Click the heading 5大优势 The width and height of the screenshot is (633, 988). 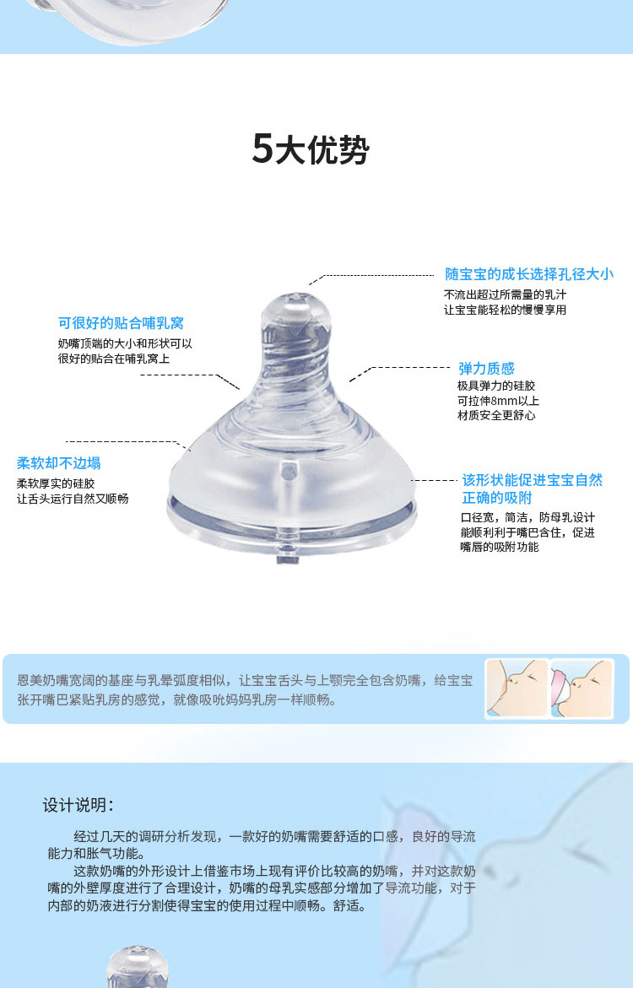pyautogui.click(x=311, y=150)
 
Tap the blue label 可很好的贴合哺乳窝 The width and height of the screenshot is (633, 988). pyautogui.click(x=121, y=323)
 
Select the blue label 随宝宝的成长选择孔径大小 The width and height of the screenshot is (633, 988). pyautogui.click(x=529, y=274)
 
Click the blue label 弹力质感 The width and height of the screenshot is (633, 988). pyautogui.click(x=486, y=369)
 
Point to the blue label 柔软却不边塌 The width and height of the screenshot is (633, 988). pyautogui.click(x=59, y=463)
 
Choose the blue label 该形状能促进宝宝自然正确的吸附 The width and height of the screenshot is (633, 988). pyautogui.click(x=532, y=489)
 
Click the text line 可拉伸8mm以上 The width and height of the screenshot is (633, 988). pyautogui.click(x=498, y=401)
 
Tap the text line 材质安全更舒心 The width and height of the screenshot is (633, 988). pyautogui.click(x=496, y=415)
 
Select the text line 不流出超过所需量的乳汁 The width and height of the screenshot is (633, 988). pyautogui.click(x=505, y=294)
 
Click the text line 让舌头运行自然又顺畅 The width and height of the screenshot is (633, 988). pyautogui.click(x=73, y=499)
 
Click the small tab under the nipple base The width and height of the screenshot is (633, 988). pyautogui.click(x=287, y=559)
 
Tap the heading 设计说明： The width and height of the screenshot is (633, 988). pyautogui.click(x=78, y=805)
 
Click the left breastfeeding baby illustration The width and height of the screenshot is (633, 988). pyautogui.click(x=517, y=688)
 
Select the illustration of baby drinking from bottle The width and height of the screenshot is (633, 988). pyautogui.click(x=582, y=688)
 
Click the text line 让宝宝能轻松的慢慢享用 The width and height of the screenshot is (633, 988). pyautogui.click(x=505, y=310)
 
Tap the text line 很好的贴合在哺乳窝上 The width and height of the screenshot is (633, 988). pyautogui.click(x=114, y=359)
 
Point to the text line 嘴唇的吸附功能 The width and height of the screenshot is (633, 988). pyautogui.click(x=499, y=547)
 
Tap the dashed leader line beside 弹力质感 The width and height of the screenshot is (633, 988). pyautogui.click(x=405, y=368)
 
